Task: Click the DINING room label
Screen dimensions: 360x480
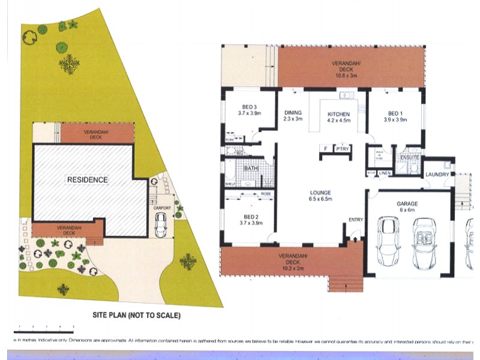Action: click(x=293, y=112)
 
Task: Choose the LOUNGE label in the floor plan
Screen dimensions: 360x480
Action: click(x=320, y=193)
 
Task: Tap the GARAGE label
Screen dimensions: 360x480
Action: click(x=407, y=204)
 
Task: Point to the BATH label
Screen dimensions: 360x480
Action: click(x=251, y=169)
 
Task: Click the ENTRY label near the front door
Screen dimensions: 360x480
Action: click(x=356, y=220)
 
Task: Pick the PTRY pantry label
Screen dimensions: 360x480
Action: click(x=342, y=149)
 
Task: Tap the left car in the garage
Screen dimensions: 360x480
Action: click(x=388, y=242)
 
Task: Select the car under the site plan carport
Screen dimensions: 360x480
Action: click(x=161, y=225)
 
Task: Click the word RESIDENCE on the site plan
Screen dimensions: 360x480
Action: click(x=87, y=179)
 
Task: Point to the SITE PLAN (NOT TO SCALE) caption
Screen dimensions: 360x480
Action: click(x=136, y=314)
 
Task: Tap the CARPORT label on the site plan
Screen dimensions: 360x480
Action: click(x=162, y=208)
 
